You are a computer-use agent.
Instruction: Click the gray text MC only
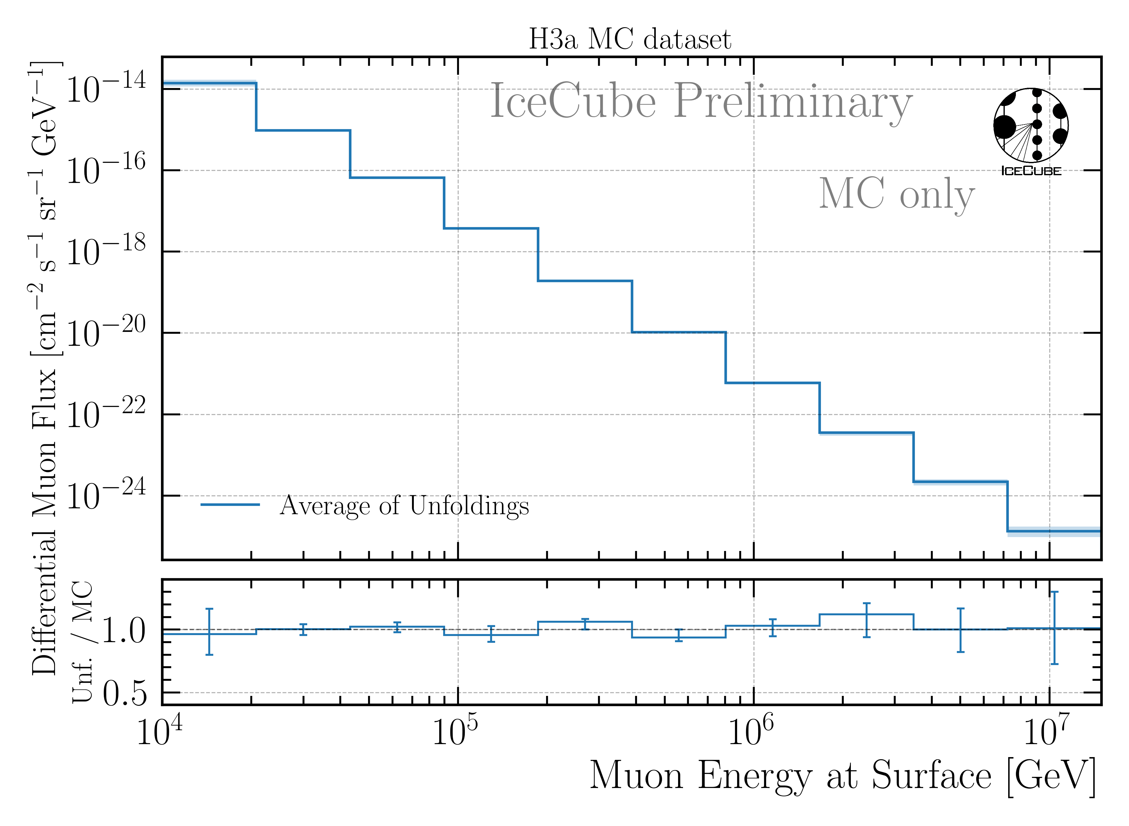pyautogui.click(x=896, y=194)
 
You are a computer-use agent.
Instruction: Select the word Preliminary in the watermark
pyautogui.click(x=792, y=102)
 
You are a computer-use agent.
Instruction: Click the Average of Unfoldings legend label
pyautogui.click(x=404, y=506)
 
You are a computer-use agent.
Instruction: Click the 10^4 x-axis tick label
pyautogui.click(x=159, y=731)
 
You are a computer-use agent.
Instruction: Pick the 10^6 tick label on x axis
pyautogui.click(x=750, y=731)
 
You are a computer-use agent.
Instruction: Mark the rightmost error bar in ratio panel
pyautogui.click(x=1054, y=628)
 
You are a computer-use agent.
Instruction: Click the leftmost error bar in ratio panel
pyautogui.click(x=210, y=632)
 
